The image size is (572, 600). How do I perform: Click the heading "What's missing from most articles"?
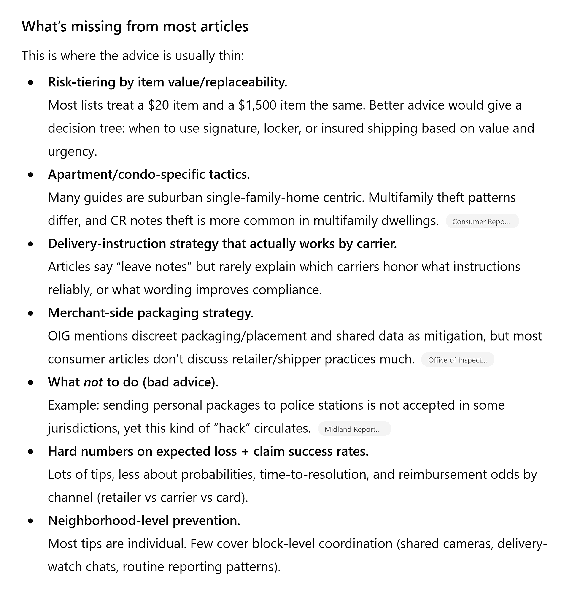coord(135,27)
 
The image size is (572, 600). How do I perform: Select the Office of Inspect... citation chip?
coord(457,360)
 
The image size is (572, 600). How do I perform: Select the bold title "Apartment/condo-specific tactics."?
coord(149,174)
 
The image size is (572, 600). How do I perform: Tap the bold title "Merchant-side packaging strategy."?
coord(151,313)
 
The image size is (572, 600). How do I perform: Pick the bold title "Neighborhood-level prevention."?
coord(144,520)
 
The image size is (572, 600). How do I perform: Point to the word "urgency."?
coord(73,151)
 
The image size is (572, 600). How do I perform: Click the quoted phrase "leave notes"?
coord(154,267)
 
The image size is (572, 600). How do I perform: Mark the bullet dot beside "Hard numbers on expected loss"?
coord(30,451)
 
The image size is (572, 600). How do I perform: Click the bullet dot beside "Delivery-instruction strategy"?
coord(30,244)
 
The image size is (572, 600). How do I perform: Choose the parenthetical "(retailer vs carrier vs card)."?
coord(172,497)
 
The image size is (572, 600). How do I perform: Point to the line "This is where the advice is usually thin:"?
coord(133,56)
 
